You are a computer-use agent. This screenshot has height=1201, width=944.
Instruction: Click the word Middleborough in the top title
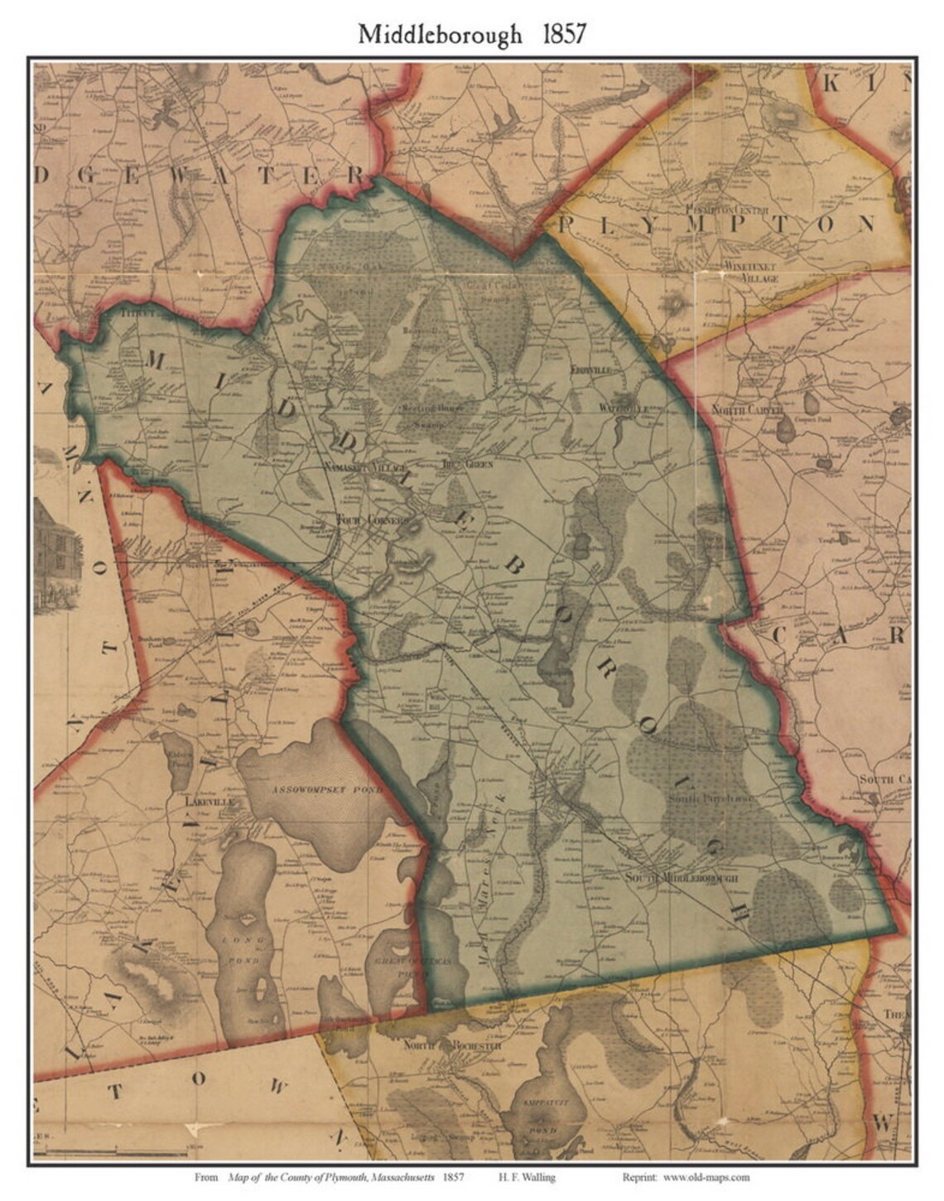coord(440,34)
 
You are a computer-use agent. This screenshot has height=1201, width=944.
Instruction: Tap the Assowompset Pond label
coord(326,790)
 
